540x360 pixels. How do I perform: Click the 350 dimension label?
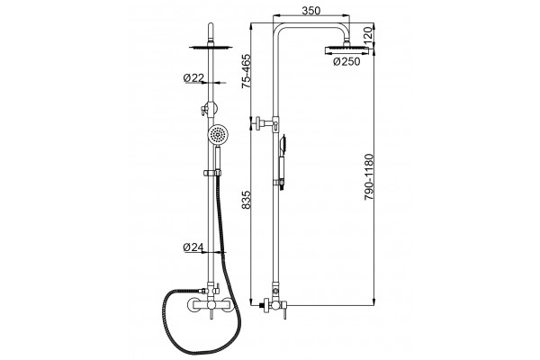pyautogui.click(x=311, y=11)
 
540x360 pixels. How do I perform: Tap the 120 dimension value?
pyautogui.click(x=368, y=34)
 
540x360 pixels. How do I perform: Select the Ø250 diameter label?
pyautogui.click(x=346, y=62)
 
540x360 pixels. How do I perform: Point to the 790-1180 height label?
pyautogui.click(x=368, y=177)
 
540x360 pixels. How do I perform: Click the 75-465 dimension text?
pyautogui.click(x=247, y=71)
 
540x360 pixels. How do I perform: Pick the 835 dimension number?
pyautogui.click(x=247, y=200)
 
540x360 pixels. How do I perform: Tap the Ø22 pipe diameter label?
pyautogui.click(x=193, y=78)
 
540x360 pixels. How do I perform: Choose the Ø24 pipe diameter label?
pyautogui.click(x=193, y=247)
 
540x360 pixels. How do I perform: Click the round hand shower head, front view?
pyautogui.click(x=218, y=134)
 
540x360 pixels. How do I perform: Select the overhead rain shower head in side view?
pyautogui.click(x=346, y=50)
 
